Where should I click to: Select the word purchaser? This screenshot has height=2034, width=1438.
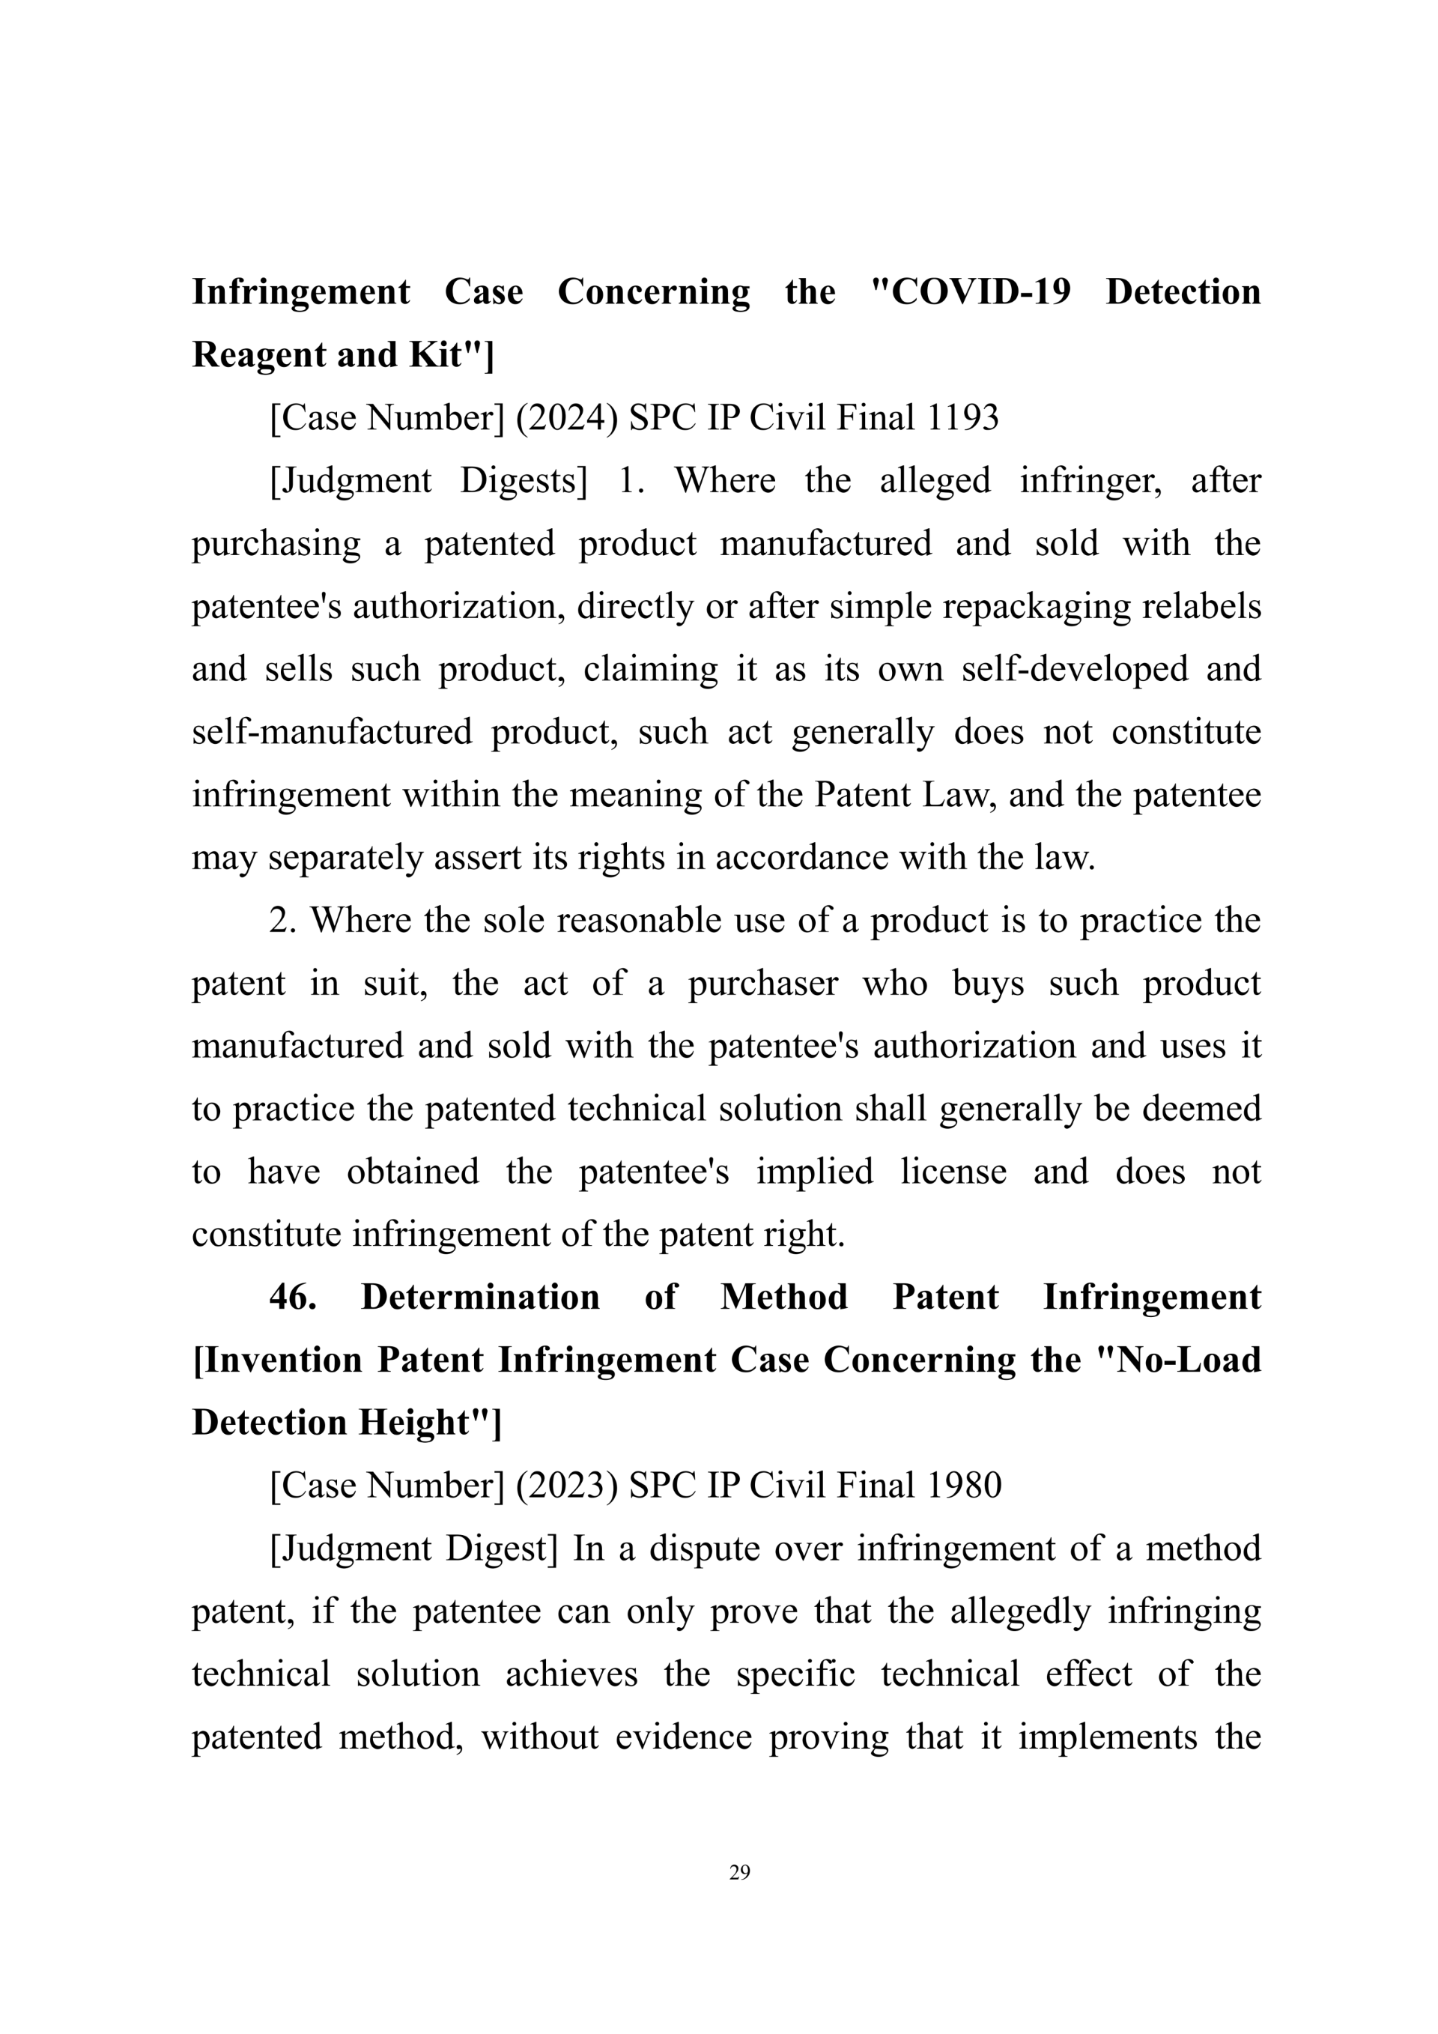[x=762, y=984]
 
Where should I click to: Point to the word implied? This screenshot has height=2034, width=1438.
[x=814, y=1171]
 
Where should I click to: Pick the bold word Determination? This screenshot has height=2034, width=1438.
[x=480, y=1297]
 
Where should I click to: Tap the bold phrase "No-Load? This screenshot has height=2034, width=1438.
[x=1177, y=1360]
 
